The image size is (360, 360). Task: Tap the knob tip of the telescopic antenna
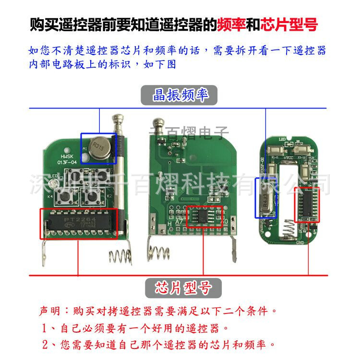pyautogui.click(x=118, y=120)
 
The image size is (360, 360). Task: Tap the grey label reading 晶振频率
pyautogui.click(x=179, y=95)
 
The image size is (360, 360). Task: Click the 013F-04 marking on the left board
pyautogui.click(x=68, y=163)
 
